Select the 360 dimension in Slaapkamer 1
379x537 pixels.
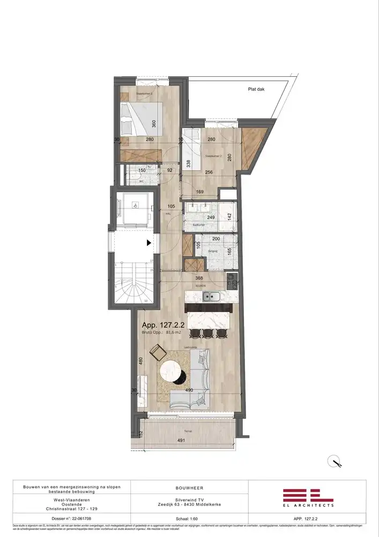(x=154, y=123)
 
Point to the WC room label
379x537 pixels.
(x=142, y=182)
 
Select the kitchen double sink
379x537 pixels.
(x=213, y=296)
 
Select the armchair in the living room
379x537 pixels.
(x=158, y=352)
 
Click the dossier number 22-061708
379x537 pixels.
(x=71, y=519)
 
